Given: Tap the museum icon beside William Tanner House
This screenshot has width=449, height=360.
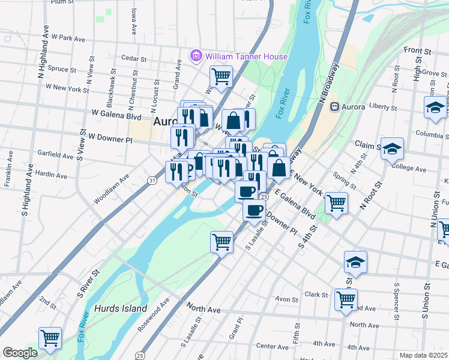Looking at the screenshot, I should click(x=196, y=56).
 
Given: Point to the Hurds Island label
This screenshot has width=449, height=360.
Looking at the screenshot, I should click(x=121, y=308).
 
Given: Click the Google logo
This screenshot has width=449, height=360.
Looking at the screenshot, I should click(x=20, y=353).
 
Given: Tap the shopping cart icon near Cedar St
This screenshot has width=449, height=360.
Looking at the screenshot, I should click(x=221, y=76).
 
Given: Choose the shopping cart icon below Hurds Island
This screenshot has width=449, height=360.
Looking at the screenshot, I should click(x=50, y=337).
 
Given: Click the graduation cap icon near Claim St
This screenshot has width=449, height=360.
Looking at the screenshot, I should click(x=393, y=148).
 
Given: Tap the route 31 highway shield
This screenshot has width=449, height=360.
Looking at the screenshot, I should click(x=152, y=180).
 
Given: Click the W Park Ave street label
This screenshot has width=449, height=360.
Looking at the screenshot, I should click(x=69, y=38).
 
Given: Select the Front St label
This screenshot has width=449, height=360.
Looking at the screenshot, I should click(x=414, y=50).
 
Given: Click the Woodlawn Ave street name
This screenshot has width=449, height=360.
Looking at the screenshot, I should click(x=111, y=189).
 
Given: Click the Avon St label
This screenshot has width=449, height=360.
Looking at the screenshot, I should click(x=286, y=299).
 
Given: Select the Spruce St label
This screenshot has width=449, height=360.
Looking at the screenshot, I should click(x=61, y=70).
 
